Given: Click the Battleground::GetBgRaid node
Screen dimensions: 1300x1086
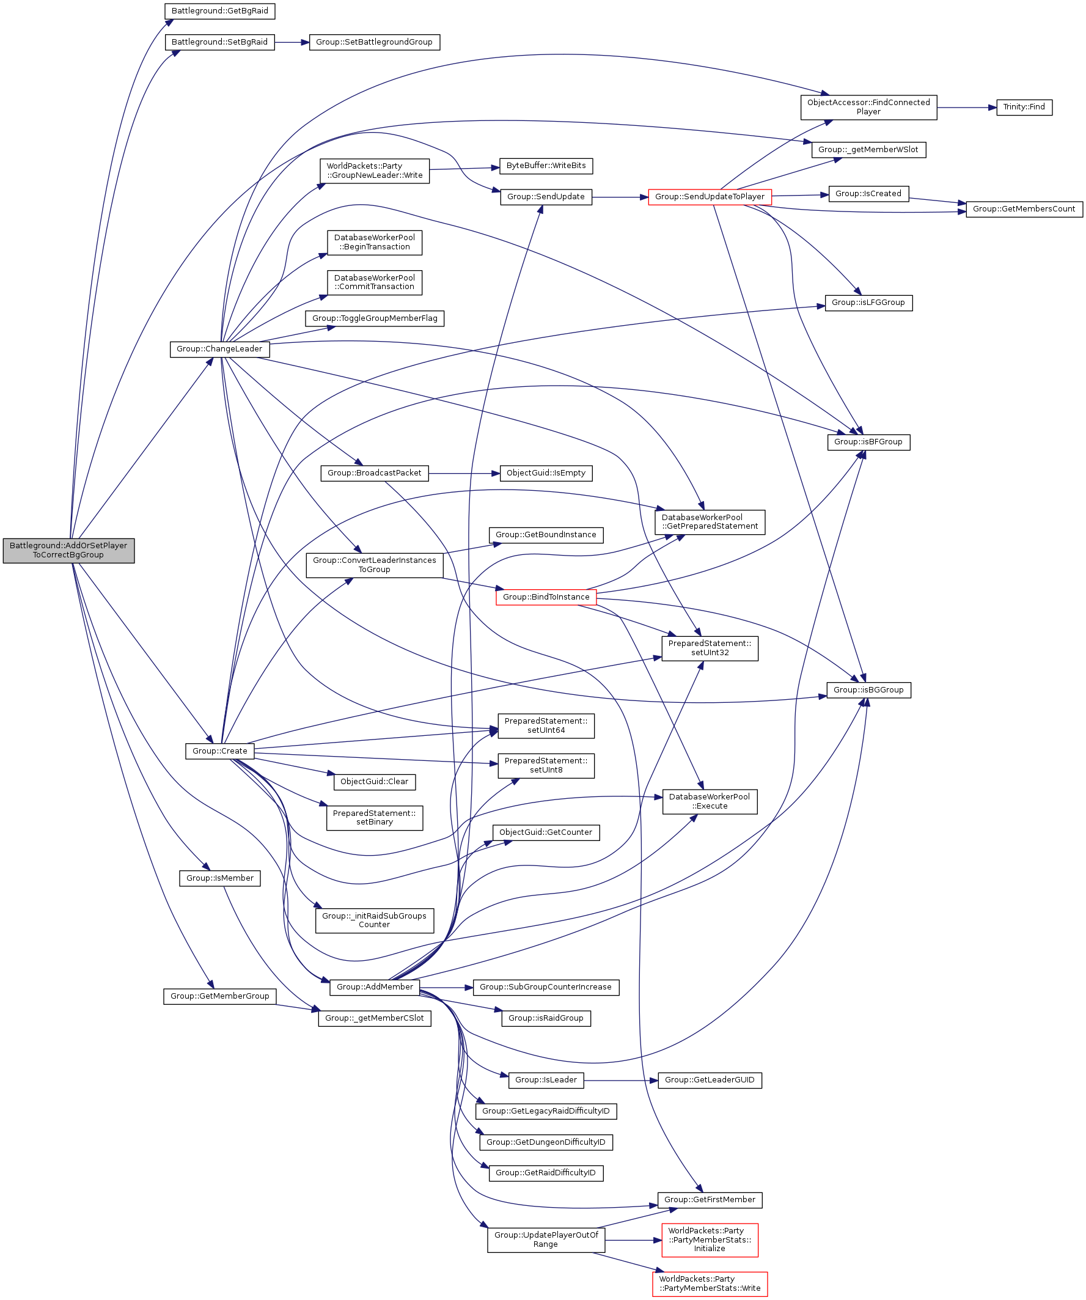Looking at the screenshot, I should [219, 11].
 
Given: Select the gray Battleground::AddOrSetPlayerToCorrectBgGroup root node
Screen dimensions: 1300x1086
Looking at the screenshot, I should [68, 549].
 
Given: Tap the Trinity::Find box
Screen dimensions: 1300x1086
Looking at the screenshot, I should [1024, 107].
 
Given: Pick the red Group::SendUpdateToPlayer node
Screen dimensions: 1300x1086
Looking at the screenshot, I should [709, 197].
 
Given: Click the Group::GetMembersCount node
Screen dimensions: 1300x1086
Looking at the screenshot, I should [1024, 209].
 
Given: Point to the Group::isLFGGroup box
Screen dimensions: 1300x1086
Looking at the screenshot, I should [867, 303].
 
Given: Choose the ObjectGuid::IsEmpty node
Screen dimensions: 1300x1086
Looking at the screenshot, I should [546, 473].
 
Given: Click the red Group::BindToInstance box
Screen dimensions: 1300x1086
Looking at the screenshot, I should [546, 597].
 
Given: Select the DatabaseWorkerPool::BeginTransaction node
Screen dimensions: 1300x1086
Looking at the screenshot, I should [374, 242].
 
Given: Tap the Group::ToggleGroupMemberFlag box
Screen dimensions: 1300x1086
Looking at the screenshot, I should [374, 318].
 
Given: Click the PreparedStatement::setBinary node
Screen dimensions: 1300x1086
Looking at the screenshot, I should [374, 817].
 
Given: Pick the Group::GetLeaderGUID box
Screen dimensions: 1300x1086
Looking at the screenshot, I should [709, 1079].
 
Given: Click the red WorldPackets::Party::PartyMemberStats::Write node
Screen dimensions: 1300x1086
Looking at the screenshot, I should [709, 1283].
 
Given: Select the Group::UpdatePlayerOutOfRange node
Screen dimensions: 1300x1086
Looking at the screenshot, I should [546, 1239].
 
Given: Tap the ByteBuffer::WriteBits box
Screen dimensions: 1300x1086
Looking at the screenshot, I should [546, 166].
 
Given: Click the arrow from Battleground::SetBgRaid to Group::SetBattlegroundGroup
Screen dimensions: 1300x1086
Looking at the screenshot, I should [291, 42].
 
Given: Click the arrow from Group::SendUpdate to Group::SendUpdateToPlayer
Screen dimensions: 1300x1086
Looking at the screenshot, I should [619, 197].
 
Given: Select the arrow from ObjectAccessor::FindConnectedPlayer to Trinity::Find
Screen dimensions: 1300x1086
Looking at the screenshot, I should [966, 107].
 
